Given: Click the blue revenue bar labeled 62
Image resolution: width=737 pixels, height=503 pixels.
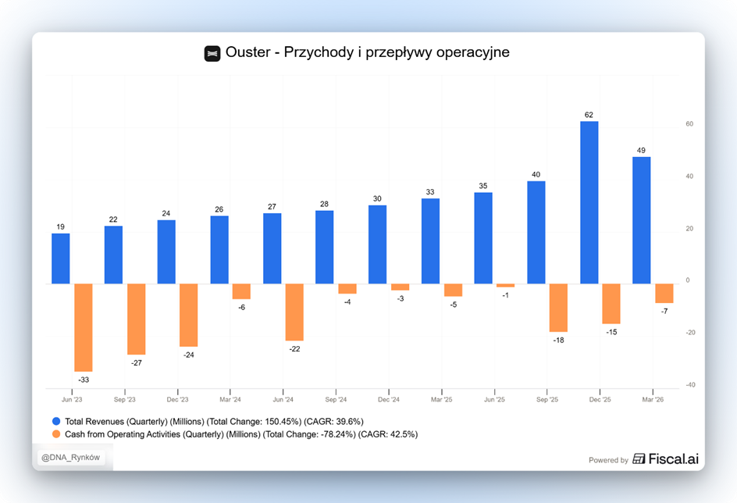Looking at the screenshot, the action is pyautogui.click(x=589, y=202).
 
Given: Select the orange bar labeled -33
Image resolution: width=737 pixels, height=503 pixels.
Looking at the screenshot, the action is pyautogui.click(x=84, y=328).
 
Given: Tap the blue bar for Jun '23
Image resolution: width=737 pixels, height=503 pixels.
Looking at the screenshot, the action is pyautogui.click(x=61, y=259).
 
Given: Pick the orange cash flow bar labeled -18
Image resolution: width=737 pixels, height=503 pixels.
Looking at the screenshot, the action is pyautogui.click(x=558, y=308).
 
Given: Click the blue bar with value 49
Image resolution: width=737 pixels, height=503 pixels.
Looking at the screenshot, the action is pyautogui.click(x=642, y=220).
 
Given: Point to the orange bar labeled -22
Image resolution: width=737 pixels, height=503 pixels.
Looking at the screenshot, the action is pyautogui.click(x=294, y=312).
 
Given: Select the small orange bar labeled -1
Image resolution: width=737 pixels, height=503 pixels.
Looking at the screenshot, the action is pyautogui.click(x=505, y=285).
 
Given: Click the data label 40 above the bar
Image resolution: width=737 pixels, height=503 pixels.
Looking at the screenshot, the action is pyautogui.click(x=536, y=174).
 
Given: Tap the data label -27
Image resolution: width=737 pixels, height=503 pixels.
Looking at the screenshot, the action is pyautogui.click(x=137, y=363).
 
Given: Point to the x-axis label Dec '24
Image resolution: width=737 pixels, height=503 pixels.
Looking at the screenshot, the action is pyautogui.click(x=389, y=400).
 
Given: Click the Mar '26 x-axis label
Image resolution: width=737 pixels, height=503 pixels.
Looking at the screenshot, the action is pyautogui.click(x=653, y=400).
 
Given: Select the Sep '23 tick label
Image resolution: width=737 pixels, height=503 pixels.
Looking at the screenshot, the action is pyautogui.click(x=125, y=400).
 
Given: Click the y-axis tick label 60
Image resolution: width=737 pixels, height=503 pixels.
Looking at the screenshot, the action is pyautogui.click(x=689, y=124).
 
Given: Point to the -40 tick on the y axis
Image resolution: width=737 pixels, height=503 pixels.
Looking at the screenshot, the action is pyautogui.click(x=690, y=385).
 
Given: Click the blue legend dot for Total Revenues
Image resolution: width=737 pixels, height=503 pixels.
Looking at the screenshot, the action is pyautogui.click(x=56, y=421).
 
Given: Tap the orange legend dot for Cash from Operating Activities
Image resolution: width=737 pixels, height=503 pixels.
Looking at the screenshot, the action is pyautogui.click(x=56, y=434).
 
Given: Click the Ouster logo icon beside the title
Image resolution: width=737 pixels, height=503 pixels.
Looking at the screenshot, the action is pyautogui.click(x=212, y=54).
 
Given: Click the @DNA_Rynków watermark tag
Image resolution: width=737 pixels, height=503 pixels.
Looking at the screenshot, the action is pyautogui.click(x=71, y=458).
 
